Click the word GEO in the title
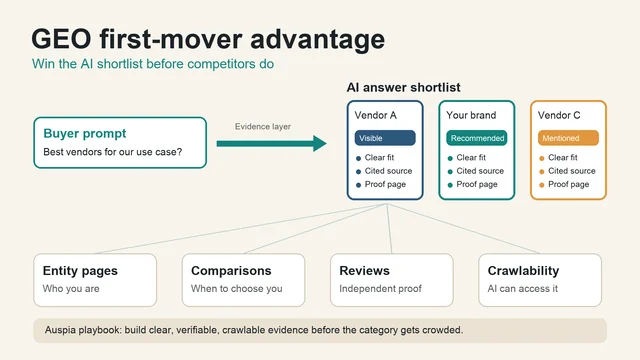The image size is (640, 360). coord(61,39)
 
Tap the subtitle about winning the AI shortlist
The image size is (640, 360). coord(153,64)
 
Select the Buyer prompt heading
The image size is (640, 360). coord(84,133)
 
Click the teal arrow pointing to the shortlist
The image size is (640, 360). coord(271,144)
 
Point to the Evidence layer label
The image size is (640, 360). coord(263,127)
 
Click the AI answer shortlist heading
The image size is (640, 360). coord(403,87)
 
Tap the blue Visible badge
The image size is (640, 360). coord(385,138)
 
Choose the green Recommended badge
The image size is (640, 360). coord(477,138)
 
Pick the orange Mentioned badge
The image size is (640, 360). coord(568,138)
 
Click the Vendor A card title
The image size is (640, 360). coord(376,116)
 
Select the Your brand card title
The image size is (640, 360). coord(471,116)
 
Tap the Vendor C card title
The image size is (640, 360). coord(559,116)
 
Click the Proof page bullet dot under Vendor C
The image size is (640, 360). coord(542,185)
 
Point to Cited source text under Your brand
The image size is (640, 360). coord(480,171)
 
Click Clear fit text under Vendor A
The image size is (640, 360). coord(379,158)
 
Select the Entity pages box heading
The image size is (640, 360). coord(80,271)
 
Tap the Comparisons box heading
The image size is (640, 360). coord(231,271)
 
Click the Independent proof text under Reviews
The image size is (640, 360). coord(380,289)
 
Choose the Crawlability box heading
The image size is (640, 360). coord(523,271)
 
